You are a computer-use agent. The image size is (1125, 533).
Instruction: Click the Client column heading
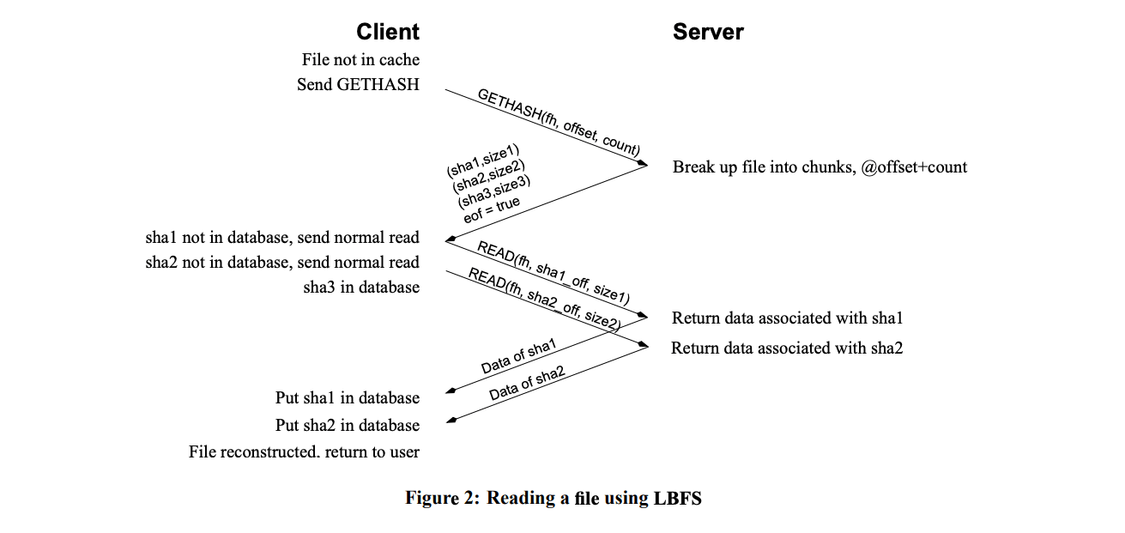(388, 33)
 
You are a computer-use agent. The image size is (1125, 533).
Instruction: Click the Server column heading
(707, 33)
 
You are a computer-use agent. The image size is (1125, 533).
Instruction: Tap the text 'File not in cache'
(360, 60)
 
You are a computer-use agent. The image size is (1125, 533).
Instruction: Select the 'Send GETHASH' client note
(358, 84)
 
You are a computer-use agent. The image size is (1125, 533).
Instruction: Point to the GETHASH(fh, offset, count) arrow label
(558, 121)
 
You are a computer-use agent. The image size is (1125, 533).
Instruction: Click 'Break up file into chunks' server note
(820, 167)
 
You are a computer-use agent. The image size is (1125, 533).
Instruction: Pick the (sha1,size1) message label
(477, 161)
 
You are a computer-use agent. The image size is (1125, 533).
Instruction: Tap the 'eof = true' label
(492, 209)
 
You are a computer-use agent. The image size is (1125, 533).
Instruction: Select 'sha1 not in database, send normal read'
(282, 238)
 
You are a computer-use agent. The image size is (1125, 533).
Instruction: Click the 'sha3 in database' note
(361, 287)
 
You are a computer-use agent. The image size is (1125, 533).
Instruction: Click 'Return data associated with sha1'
(787, 318)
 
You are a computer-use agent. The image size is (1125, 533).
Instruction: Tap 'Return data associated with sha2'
(787, 348)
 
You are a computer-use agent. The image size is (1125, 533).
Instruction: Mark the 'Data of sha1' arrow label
(518, 356)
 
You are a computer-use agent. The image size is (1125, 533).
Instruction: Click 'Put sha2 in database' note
(347, 425)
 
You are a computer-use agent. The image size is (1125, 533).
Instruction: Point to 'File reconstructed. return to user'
(304, 451)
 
